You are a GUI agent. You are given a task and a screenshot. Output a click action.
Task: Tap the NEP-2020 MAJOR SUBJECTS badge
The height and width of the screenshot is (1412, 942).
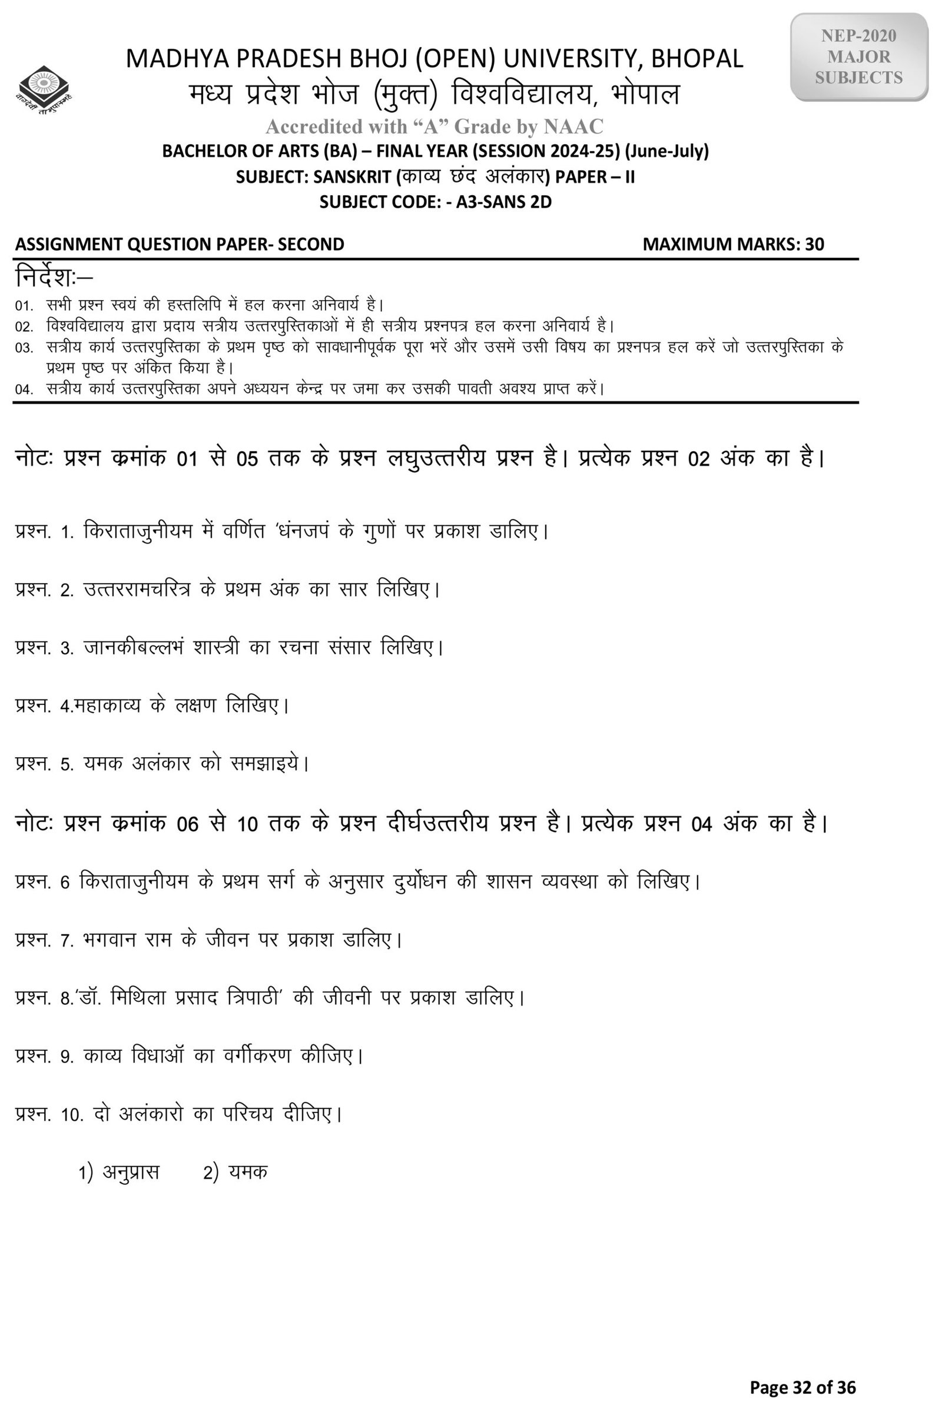[858, 57]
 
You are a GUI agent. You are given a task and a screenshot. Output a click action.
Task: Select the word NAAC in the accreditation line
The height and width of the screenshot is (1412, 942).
[573, 126]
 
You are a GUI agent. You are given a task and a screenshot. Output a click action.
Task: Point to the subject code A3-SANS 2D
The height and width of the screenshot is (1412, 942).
[503, 202]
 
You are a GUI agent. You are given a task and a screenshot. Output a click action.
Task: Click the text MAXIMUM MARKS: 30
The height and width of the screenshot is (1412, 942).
[733, 244]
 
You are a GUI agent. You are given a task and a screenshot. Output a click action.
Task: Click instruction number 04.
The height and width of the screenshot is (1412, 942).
[24, 389]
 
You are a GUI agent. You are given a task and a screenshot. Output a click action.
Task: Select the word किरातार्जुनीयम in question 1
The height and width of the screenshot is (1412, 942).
[138, 532]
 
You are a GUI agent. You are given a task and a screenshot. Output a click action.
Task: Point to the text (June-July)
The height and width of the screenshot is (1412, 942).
[667, 151]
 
